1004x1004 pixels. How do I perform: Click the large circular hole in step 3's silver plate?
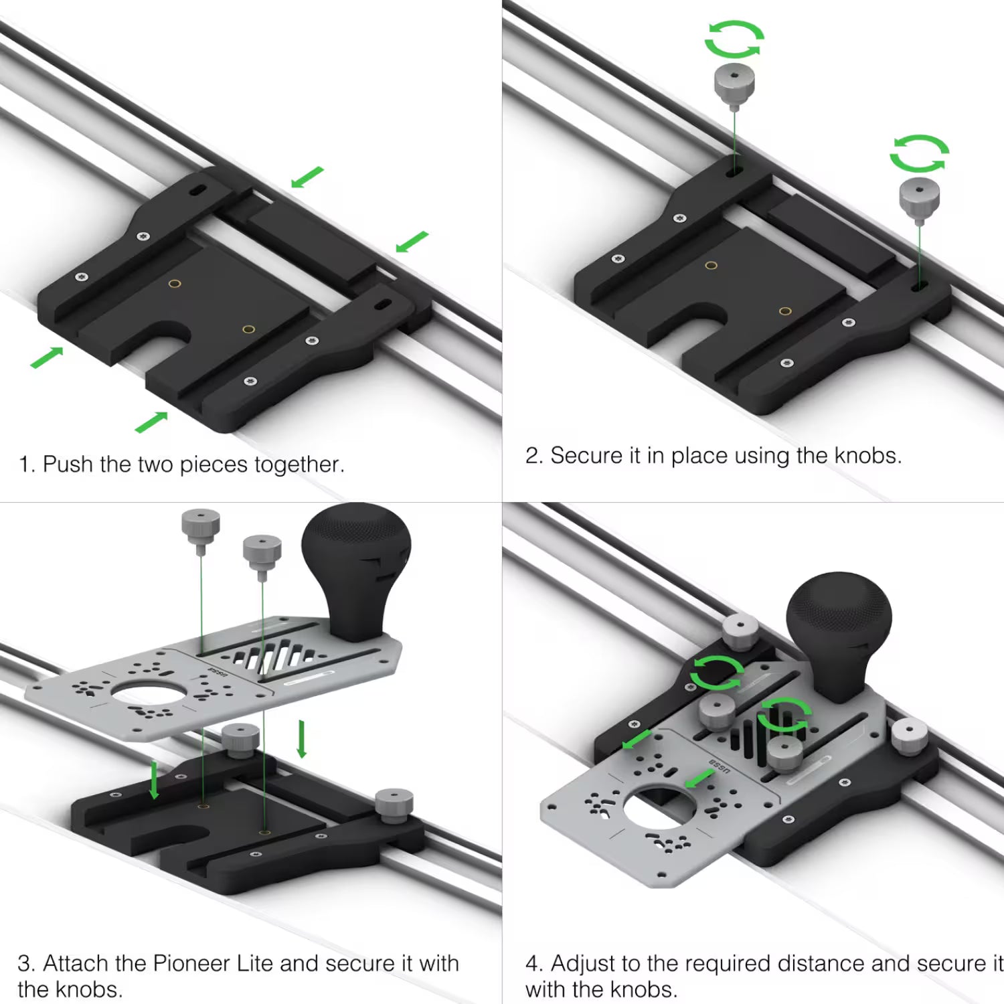coord(148,695)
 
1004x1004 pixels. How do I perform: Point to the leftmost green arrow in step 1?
coord(47,357)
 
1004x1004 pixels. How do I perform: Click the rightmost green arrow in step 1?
coord(412,242)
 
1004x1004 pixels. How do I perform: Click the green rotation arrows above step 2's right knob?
coord(919,153)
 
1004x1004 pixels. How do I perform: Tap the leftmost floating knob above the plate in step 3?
coord(201,527)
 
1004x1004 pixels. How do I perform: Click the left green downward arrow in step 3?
coord(155,779)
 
